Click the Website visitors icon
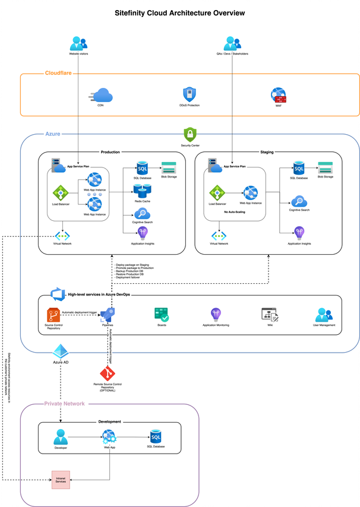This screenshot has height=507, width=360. [78, 43]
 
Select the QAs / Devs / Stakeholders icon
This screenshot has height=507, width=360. [232, 43]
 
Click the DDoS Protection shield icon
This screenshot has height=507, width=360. [189, 94]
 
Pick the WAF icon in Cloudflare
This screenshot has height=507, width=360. [278, 96]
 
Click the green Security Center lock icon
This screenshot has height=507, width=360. [190, 134]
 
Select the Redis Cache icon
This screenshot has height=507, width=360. [142, 191]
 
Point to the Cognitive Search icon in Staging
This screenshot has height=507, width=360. [299, 201]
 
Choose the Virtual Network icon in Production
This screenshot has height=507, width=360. [62, 235]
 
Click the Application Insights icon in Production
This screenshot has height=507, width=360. [143, 233]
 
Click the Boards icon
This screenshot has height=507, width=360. [161, 315]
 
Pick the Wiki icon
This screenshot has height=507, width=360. [269, 315]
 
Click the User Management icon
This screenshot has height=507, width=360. [324, 315]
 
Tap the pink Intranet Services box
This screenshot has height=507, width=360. [61, 479]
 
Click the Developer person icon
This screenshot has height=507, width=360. [61, 437]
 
